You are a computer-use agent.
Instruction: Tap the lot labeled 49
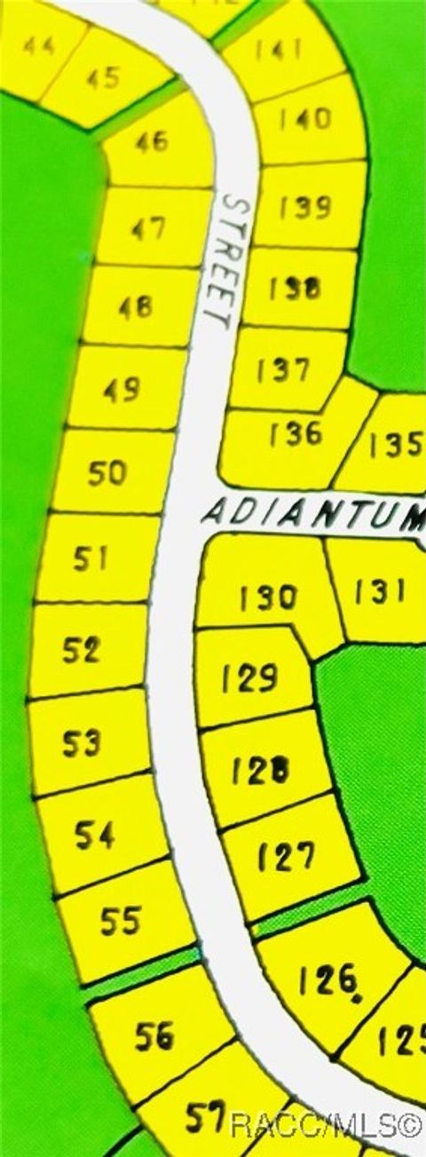click(122, 390)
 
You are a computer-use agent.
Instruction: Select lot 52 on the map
click(82, 651)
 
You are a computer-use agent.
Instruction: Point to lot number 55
click(120, 921)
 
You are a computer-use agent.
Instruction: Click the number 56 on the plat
click(154, 1035)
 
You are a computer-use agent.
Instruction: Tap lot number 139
click(304, 208)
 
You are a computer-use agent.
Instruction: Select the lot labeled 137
click(283, 370)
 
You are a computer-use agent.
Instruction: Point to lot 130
click(268, 597)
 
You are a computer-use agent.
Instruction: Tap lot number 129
click(250, 678)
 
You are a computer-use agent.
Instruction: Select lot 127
click(286, 856)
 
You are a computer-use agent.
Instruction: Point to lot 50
click(107, 473)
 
